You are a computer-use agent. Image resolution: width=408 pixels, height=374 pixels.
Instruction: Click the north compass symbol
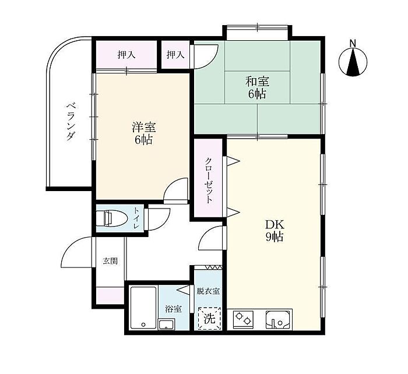[x=353, y=62]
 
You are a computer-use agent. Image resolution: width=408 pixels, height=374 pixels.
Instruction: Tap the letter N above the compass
[x=353, y=43]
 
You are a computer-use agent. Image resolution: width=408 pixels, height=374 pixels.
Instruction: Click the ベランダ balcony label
[x=71, y=122]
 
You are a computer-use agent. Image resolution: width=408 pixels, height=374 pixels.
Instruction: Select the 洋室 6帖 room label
[x=143, y=133]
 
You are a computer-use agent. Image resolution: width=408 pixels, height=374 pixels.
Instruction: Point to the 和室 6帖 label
[x=257, y=87]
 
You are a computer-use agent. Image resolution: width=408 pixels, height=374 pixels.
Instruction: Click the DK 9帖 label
[x=275, y=230]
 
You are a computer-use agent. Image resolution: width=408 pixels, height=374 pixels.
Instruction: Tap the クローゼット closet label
[x=209, y=180]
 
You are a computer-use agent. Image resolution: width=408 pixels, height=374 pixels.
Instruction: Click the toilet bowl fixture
[x=111, y=218]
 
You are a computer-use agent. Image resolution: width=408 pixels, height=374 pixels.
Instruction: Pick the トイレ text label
[x=136, y=218]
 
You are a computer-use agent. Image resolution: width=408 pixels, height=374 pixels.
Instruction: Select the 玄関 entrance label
[x=110, y=261]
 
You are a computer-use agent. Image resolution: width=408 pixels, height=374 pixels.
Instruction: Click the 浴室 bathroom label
[x=173, y=309]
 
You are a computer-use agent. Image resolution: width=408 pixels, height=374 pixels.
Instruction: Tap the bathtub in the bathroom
[x=143, y=308]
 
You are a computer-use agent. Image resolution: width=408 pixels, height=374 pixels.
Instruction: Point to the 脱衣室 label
[x=208, y=291]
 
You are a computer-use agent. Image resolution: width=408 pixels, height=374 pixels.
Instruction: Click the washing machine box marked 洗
[x=209, y=318]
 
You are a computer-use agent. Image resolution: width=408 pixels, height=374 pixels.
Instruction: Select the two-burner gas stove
[x=243, y=319]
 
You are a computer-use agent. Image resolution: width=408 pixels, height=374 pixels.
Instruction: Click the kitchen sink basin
[x=278, y=319]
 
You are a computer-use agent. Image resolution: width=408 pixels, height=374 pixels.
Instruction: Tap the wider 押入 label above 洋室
[x=126, y=55]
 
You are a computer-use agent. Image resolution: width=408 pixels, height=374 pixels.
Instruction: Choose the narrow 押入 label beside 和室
[x=175, y=55]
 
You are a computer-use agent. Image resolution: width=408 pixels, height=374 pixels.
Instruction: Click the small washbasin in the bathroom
[x=167, y=324]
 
